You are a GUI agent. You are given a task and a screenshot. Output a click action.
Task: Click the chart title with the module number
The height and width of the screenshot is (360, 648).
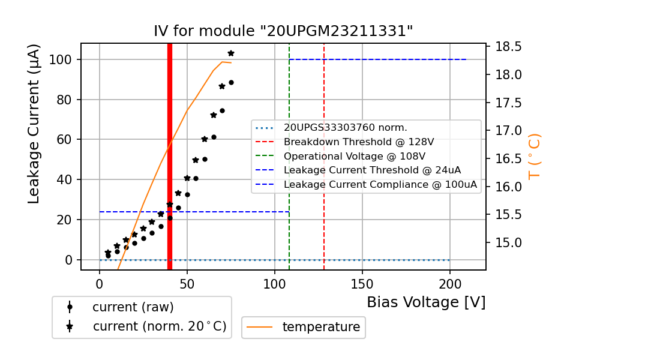click(x=283, y=31)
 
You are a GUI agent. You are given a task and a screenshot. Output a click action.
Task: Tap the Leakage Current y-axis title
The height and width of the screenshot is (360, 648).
click(x=34, y=124)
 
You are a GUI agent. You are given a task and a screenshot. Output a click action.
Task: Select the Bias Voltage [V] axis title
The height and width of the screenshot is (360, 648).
click(x=426, y=302)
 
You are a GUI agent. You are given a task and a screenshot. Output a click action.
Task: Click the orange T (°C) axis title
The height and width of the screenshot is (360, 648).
click(x=534, y=157)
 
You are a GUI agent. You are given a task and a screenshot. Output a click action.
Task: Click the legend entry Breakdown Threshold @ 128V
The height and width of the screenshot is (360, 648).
click(x=359, y=142)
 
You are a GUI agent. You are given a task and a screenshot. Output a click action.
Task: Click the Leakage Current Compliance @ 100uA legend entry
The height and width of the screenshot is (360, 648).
click(x=380, y=185)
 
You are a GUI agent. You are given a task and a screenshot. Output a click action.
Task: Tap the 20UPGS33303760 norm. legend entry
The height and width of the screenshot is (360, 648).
click(x=346, y=128)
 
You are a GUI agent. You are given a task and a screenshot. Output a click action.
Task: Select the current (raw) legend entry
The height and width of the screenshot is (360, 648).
click(x=133, y=307)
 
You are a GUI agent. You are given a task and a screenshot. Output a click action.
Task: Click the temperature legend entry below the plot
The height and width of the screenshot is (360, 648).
click(x=321, y=327)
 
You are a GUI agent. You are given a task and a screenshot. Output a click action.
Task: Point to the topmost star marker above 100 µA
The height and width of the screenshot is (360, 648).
click(x=231, y=53)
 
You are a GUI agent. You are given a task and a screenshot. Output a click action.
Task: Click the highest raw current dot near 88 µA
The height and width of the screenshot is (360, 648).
click(x=231, y=82)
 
